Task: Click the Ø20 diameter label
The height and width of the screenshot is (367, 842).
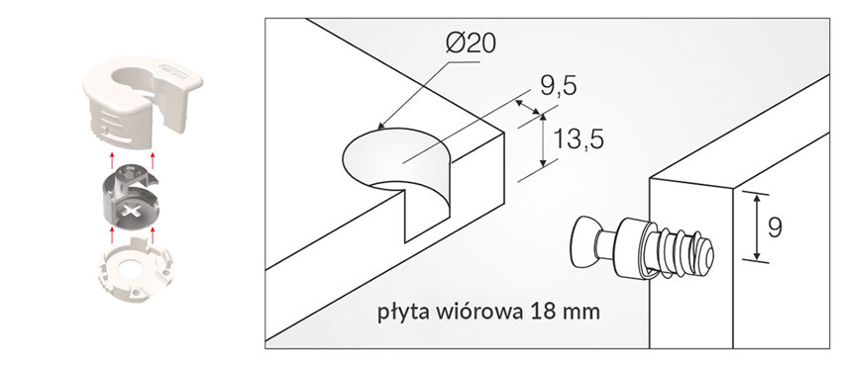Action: point(471,44)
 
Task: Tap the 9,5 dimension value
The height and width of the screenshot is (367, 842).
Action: point(559,86)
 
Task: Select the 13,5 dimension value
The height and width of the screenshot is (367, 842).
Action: point(579,139)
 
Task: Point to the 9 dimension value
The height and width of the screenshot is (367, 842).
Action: point(775,229)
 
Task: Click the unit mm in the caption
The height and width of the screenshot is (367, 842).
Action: point(581,314)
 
